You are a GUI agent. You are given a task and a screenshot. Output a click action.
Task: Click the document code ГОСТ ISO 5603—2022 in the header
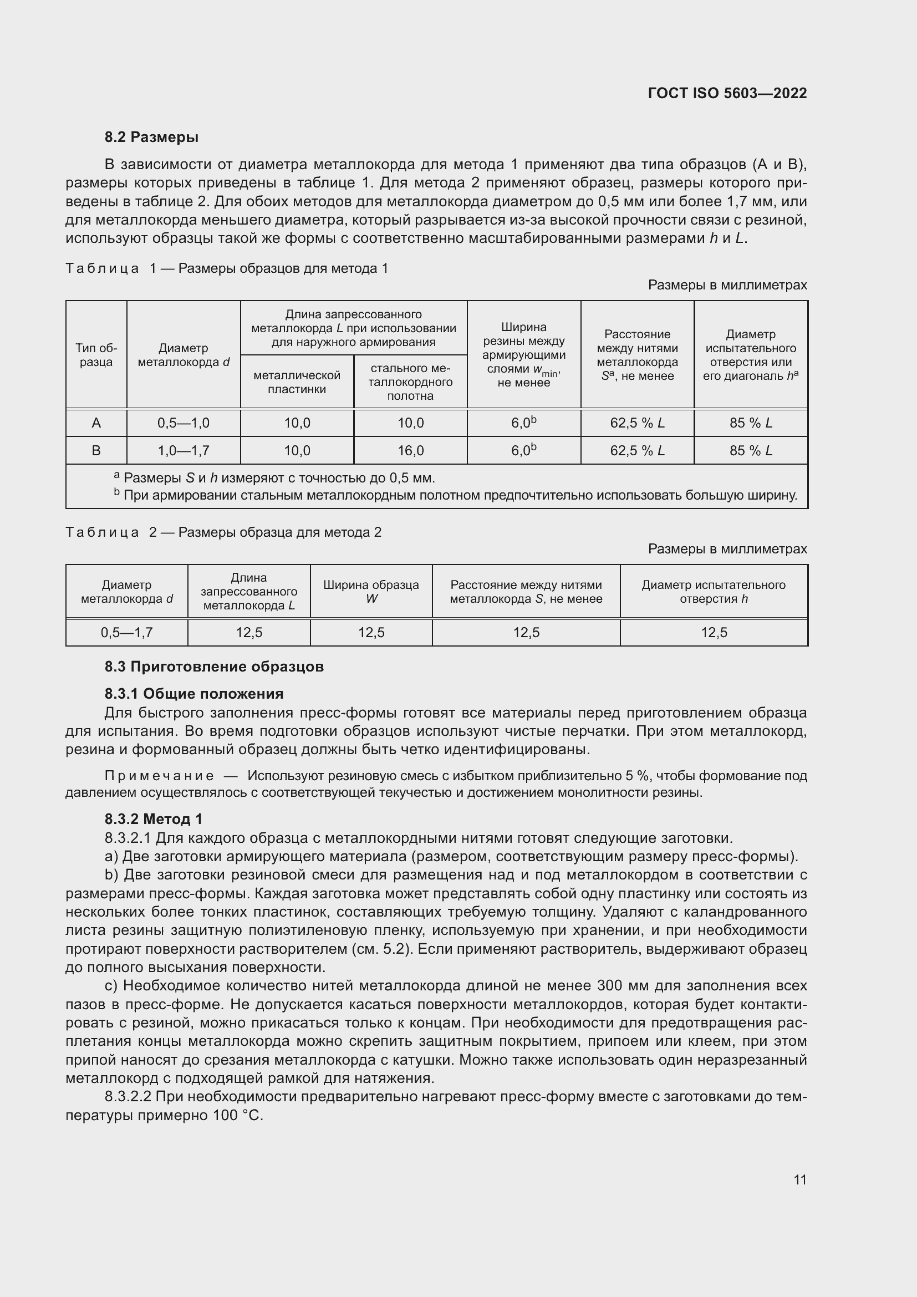727,93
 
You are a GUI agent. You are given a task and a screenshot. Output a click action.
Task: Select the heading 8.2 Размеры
151,137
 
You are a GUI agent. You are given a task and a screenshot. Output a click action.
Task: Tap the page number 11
799,1179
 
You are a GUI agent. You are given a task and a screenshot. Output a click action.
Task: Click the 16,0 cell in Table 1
410,451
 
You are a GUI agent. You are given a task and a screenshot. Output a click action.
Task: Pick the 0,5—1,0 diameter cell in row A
184,423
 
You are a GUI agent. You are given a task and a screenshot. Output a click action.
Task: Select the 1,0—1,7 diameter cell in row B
184,451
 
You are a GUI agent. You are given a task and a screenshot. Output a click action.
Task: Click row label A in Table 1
96,423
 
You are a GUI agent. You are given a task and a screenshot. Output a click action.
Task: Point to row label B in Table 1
96,451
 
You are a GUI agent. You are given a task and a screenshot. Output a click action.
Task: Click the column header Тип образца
96,355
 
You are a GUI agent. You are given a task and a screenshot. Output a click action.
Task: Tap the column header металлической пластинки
297,383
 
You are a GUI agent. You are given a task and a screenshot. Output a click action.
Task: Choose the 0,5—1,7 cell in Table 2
126,633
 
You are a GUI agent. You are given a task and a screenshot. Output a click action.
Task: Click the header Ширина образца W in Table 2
371,592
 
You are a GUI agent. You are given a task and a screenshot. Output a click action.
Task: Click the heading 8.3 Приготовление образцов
214,667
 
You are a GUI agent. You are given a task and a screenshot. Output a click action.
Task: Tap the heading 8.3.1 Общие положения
193,694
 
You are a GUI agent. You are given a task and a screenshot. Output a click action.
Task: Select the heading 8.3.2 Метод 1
153,819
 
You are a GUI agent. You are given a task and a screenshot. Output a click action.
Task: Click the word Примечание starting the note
159,776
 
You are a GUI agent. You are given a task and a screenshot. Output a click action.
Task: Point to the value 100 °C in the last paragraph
238,1116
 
